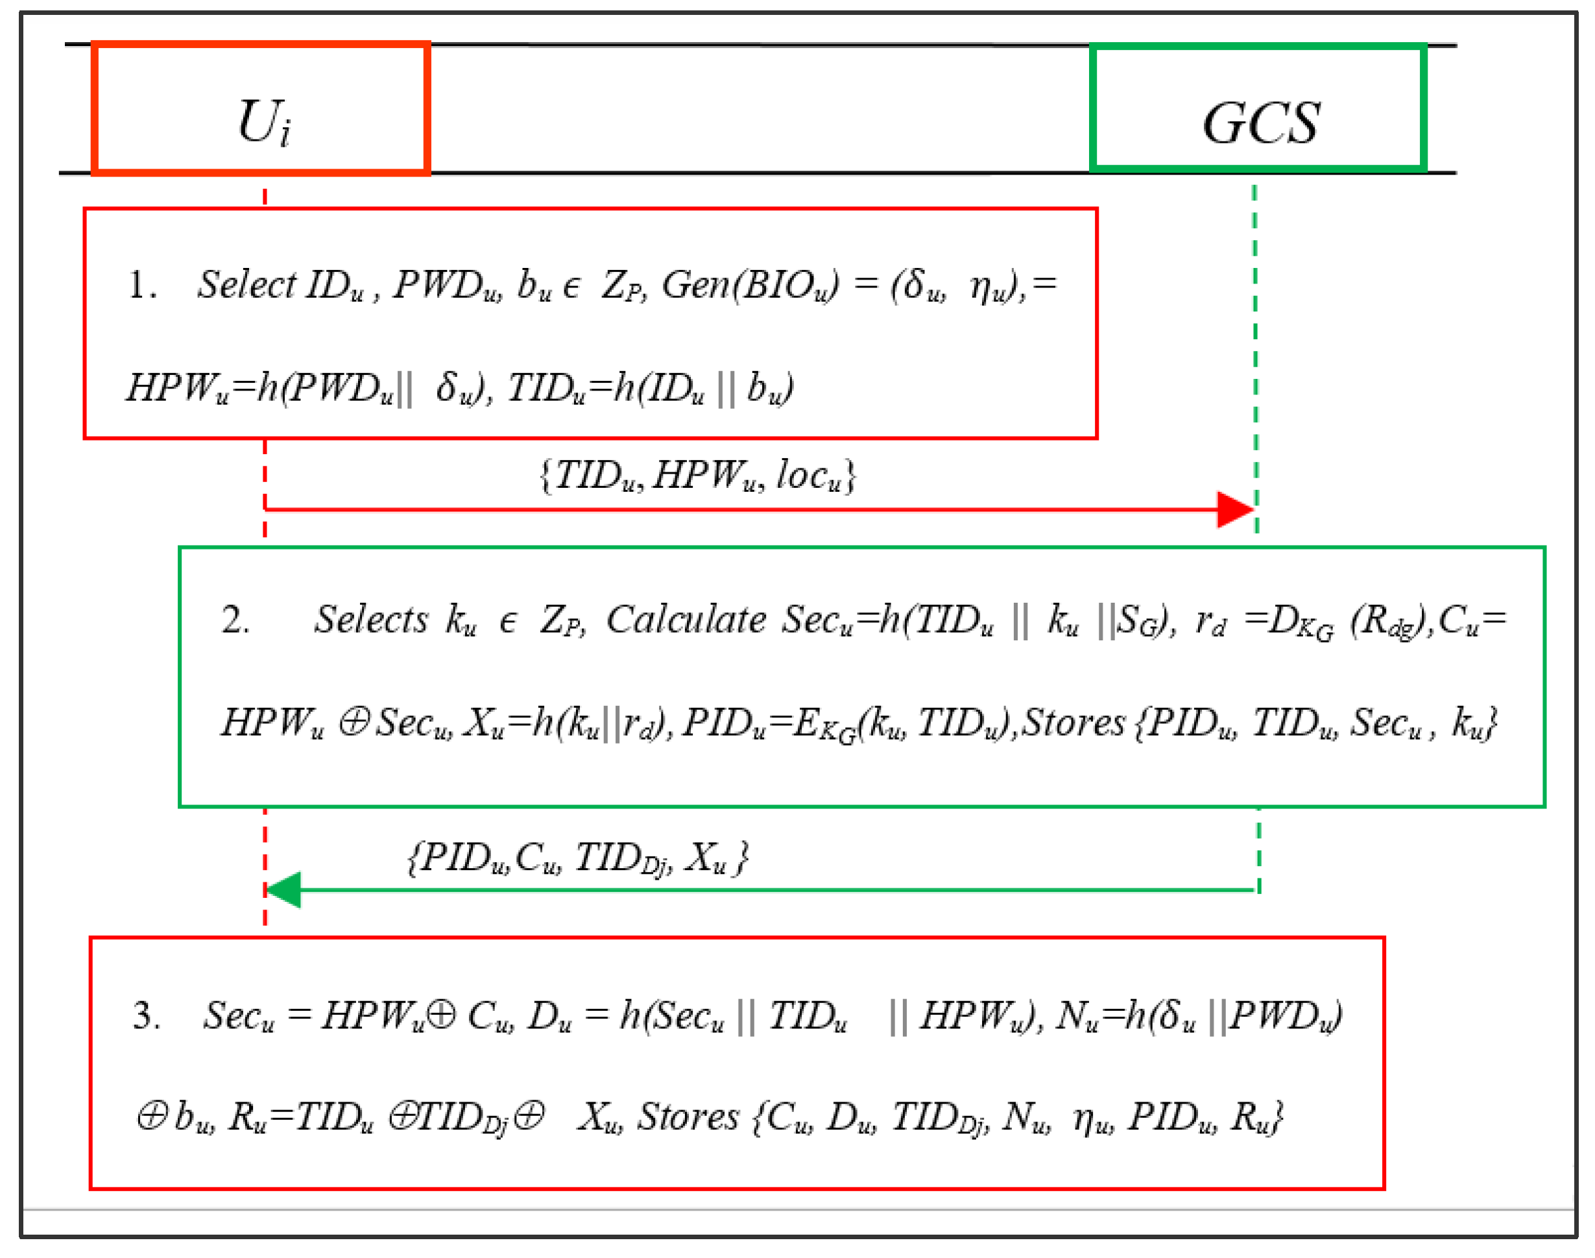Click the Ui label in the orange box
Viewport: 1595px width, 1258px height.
tap(263, 122)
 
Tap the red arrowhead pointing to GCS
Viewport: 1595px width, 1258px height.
tap(1234, 510)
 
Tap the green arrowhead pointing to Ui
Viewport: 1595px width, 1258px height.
tap(283, 889)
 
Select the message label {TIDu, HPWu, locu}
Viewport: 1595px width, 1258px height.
tap(697, 476)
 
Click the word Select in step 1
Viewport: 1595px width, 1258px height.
tap(246, 284)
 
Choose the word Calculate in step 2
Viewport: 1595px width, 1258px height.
tap(686, 620)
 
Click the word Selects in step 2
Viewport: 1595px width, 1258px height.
tap(370, 620)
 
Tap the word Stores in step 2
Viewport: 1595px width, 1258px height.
tap(1073, 723)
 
